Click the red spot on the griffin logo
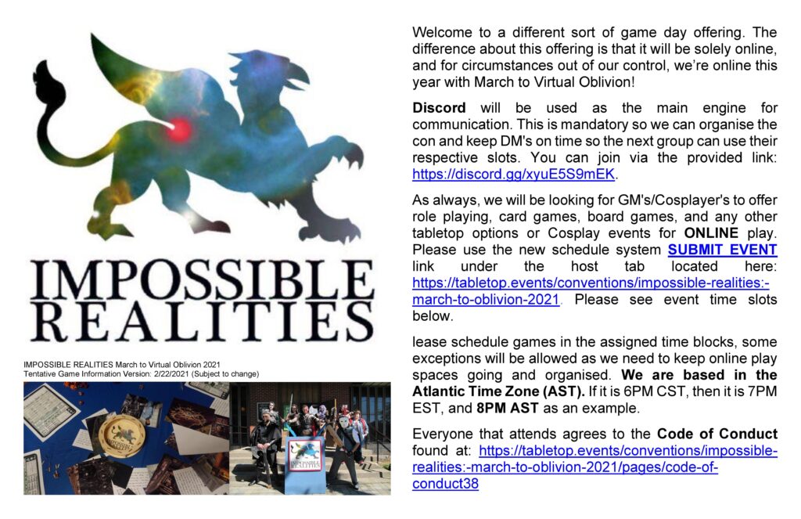179,130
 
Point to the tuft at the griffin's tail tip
48,82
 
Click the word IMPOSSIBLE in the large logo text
203,279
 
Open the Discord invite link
513,174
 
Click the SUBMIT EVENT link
722,250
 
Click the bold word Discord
439,108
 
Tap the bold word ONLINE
711,233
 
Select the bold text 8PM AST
507,408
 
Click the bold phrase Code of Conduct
717,434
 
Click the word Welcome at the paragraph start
443,32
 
